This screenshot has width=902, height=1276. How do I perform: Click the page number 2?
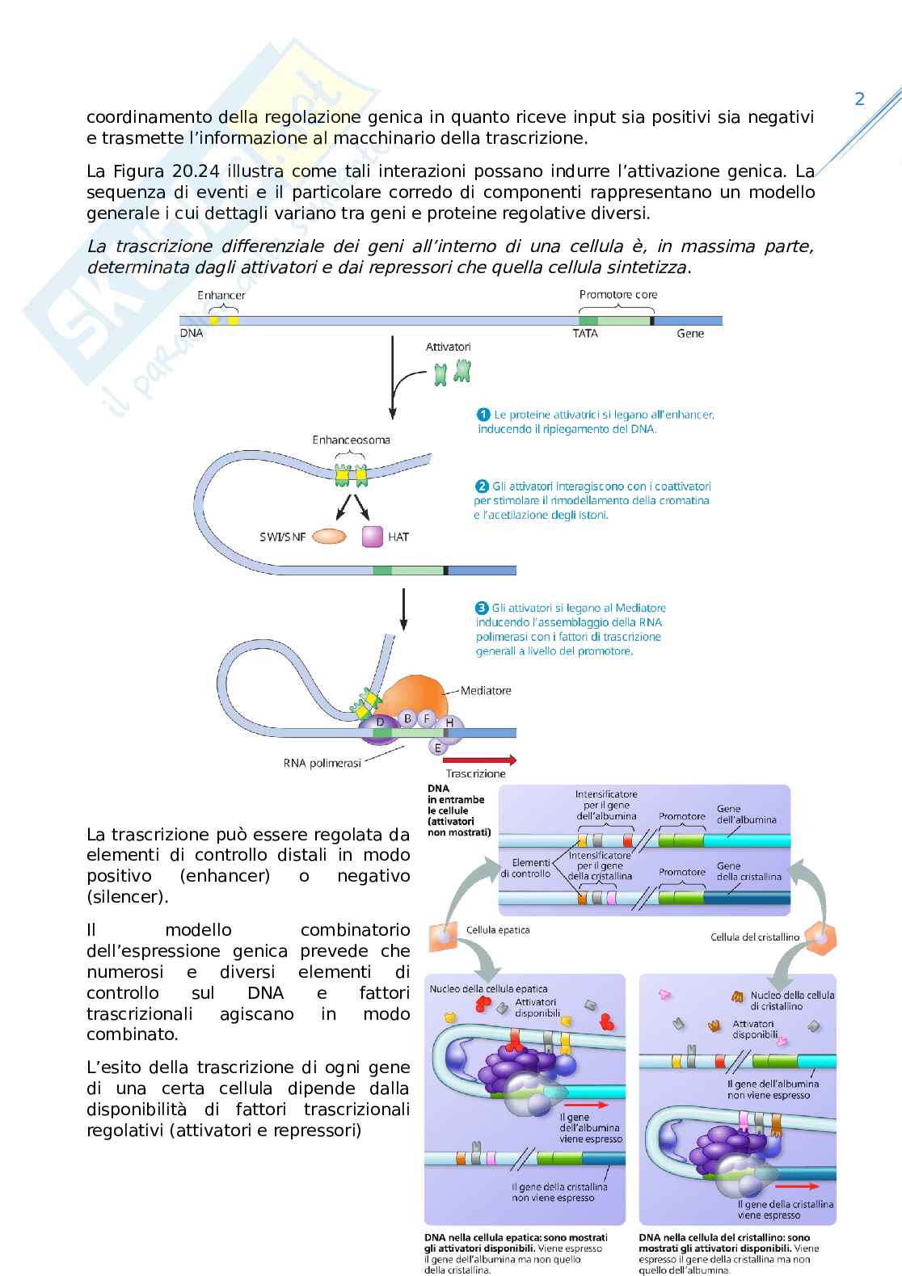(859, 99)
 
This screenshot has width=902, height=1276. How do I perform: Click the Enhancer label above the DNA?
(221, 295)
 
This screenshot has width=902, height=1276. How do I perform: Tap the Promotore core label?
(618, 295)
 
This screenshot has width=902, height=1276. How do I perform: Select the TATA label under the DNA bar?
(584, 334)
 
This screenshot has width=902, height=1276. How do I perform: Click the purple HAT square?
(373, 536)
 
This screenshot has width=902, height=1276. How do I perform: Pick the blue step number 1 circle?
(483, 415)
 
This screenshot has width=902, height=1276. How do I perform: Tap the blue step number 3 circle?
(482, 608)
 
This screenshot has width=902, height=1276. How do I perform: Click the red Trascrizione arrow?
(480, 760)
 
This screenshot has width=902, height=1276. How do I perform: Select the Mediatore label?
(486, 690)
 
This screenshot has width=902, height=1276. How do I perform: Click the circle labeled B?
(408, 718)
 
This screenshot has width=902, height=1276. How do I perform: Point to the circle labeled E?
(438, 747)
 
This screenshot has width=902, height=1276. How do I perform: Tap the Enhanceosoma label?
(351, 440)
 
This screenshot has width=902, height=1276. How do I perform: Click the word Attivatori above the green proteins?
(448, 347)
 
